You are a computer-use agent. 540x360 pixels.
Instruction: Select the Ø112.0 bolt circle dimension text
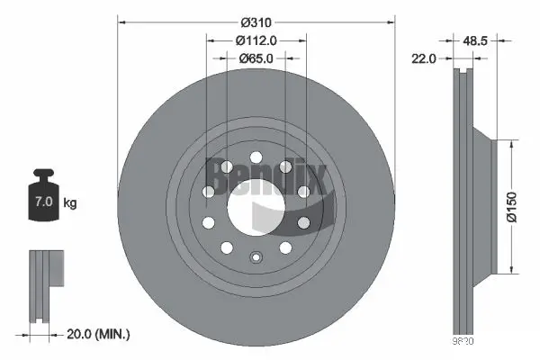[256, 40]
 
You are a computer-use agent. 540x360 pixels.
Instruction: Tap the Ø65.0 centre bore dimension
[256, 58]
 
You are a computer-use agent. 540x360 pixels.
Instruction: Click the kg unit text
[69, 203]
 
